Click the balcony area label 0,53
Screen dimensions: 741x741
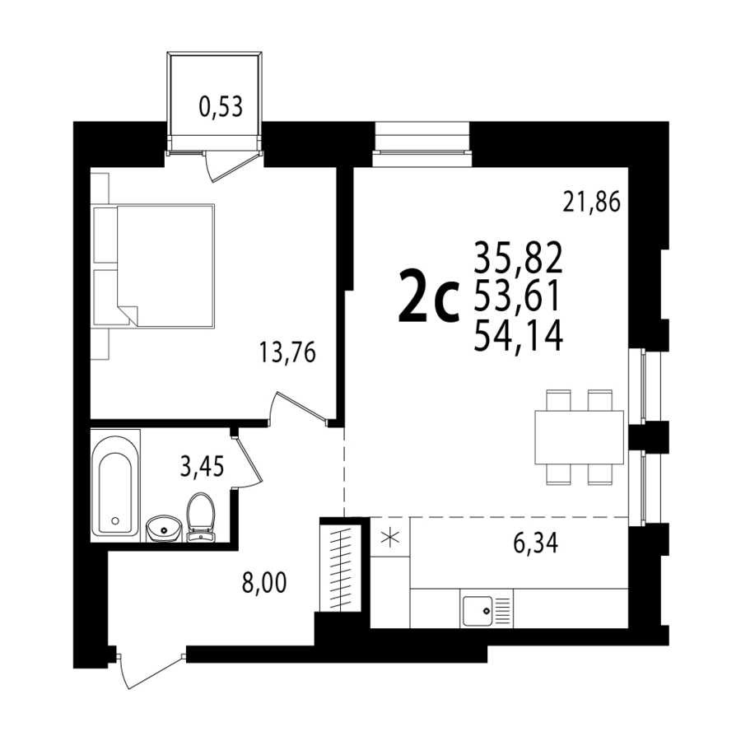tap(221, 107)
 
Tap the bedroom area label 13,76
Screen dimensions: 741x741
tap(287, 352)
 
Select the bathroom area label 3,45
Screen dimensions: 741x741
tap(202, 467)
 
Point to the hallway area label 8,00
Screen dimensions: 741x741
tap(264, 583)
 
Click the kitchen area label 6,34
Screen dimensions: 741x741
tap(535, 543)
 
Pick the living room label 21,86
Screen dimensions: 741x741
tap(591, 203)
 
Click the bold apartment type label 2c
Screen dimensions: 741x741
tap(429, 296)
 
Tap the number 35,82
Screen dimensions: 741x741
tap(519, 257)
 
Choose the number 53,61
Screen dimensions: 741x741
tap(518, 296)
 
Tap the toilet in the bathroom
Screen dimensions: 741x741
tap(201, 517)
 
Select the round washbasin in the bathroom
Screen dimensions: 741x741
tap(164, 529)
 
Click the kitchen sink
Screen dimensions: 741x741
tap(487, 610)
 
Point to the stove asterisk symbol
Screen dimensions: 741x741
tap(390, 538)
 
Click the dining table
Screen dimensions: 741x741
tap(579, 437)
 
